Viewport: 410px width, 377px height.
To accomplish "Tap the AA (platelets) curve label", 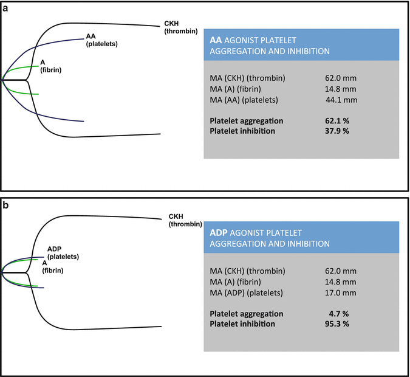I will click(102, 40).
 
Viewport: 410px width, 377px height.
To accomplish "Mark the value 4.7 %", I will click(344, 313).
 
